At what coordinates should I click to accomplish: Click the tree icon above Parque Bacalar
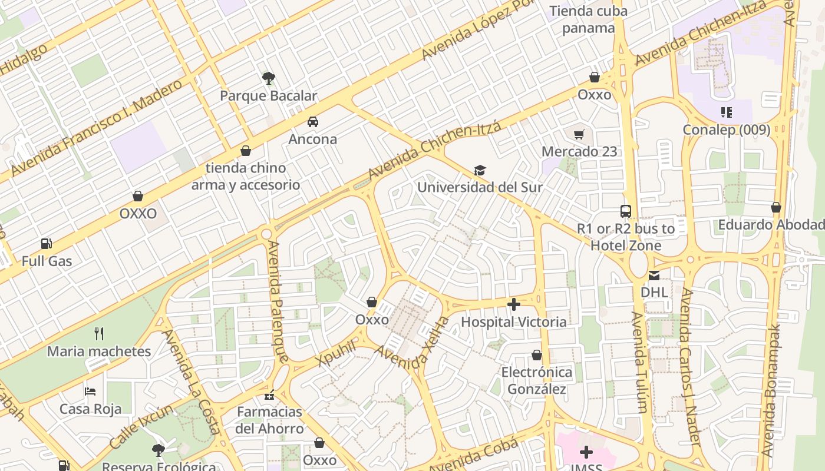coord(269,78)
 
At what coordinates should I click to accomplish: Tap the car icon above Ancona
coord(312,122)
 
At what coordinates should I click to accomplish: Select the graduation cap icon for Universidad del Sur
coord(480,171)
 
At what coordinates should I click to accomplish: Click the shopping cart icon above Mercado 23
coord(579,134)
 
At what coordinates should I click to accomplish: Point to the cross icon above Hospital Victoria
coord(514,304)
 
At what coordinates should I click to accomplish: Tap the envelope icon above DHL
coord(654,275)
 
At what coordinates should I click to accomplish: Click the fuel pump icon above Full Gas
coord(47,244)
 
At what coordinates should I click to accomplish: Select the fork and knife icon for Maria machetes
coord(99,334)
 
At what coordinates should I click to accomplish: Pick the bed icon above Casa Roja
coord(90,392)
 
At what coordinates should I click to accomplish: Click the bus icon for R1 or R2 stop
coord(626,211)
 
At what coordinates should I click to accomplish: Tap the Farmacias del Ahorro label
coord(269,420)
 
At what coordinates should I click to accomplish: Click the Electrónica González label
coord(536,380)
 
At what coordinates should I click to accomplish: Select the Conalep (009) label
coord(726,130)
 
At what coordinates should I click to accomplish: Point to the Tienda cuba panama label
coord(588,19)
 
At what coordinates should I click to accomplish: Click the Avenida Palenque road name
coord(277,300)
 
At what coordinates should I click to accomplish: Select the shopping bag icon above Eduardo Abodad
coord(776,208)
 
